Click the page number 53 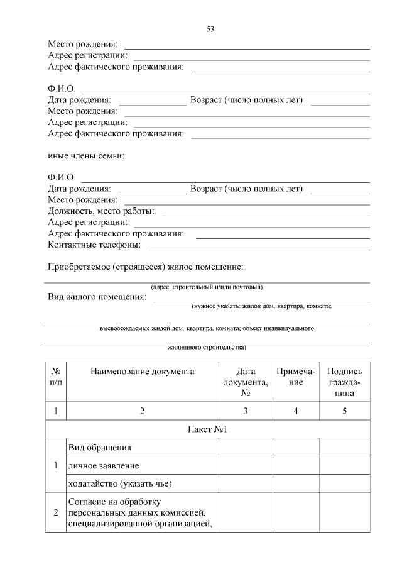[x=210, y=29]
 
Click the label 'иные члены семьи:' [x=86, y=156]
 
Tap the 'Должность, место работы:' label [x=101, y=211]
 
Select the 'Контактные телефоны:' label [x=94, y=245]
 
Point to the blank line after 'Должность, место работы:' [x=266, y=216]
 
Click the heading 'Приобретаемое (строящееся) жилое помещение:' [x=145, y=267]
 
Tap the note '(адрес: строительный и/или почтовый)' [x=207, y=287]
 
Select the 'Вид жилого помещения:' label [x=97, y=297]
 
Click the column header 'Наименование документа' [x=143, y=372]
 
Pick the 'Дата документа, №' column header [x=246, y=382]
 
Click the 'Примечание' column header [x=296, y=377]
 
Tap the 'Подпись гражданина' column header [x=345, y=382]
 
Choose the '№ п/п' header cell [x=56, y=377]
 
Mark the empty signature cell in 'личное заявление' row [x=345, y=466]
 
